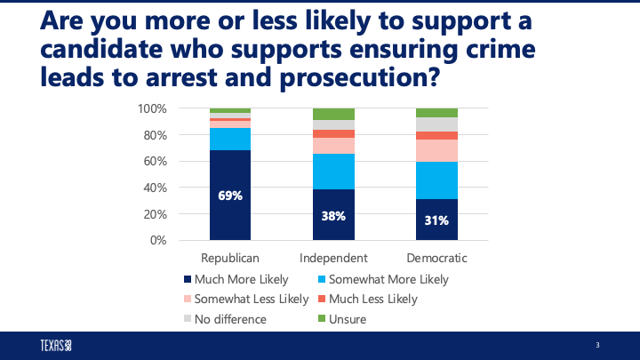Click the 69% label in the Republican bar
230,196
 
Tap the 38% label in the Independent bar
333,215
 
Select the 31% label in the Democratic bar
436,220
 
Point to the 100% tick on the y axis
153,108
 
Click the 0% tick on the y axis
158,240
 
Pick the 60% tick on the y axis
156,161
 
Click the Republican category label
230,258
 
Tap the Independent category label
333,258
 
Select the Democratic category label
436,258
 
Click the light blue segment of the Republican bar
230,139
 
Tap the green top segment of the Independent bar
333,114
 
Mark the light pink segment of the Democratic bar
436,150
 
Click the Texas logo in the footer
55,345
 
